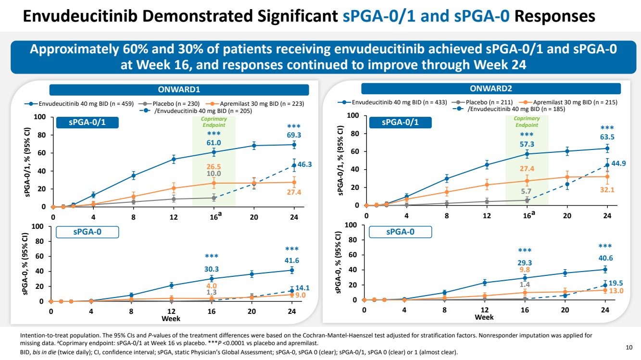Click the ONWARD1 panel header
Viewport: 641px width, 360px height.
179,90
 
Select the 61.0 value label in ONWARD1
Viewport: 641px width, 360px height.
214,143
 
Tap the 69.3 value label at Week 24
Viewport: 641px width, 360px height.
294,136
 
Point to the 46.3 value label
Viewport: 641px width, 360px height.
305,164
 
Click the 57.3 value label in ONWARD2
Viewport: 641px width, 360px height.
527,144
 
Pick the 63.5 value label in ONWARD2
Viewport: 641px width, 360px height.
607,137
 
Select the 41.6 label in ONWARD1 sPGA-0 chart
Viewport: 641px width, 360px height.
292,260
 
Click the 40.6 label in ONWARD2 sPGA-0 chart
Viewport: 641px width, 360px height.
605,258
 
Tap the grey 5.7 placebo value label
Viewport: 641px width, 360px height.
527,191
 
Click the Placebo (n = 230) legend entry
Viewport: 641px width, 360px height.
175,103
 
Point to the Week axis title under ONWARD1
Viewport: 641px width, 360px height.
171,318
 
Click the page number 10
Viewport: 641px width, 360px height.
629,347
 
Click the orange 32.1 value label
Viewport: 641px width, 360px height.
607,190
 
